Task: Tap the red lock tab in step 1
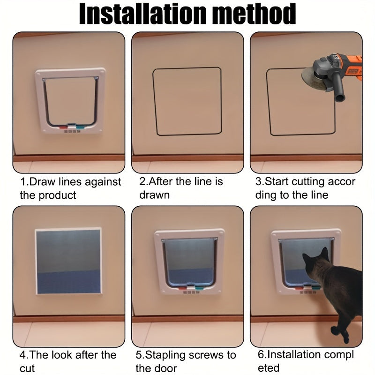tap(62, 126)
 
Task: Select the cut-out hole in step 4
tap(68, 261)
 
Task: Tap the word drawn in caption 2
tap(154, 195)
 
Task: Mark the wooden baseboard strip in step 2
tap(187, 158)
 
